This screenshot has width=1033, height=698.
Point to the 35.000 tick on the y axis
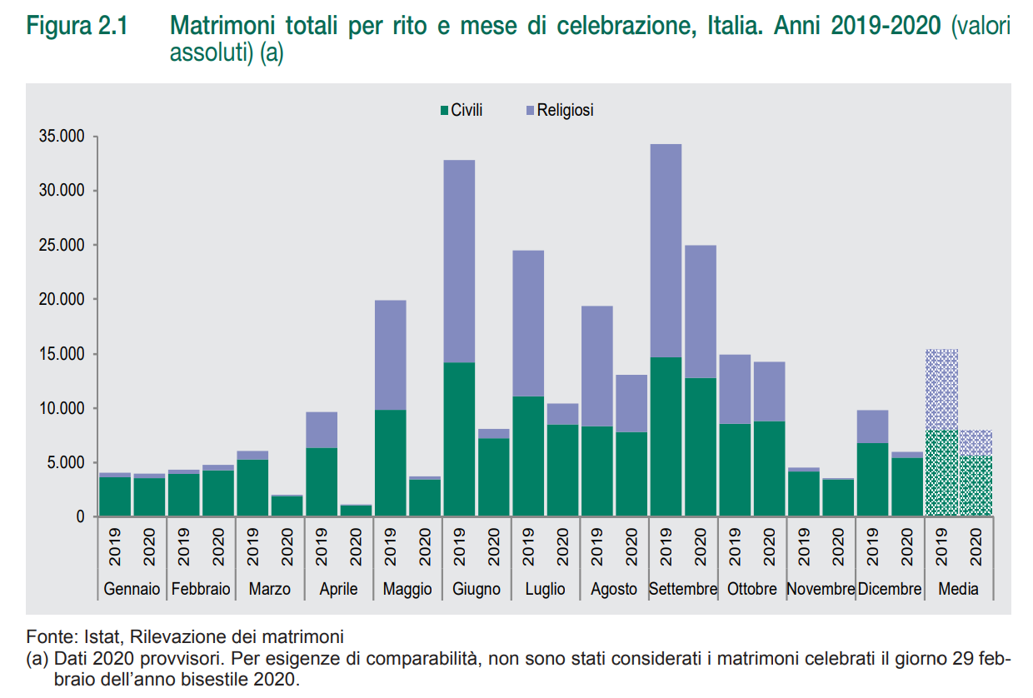click(62, 137)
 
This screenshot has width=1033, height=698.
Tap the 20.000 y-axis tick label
click(62, 300)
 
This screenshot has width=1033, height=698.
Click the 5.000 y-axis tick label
click(67, 463)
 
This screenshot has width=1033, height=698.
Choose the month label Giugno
click(477, 589)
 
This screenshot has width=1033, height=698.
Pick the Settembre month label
click(683, 589)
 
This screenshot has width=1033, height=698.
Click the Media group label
click(958, 589)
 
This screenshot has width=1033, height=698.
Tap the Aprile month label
click(338, 589)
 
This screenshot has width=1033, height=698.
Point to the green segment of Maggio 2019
click(390, 463)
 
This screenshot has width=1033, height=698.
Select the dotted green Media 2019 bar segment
click(941, 473)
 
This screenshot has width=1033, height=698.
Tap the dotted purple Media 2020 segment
click(976, 443)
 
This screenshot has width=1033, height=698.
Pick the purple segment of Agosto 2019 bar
click(596, 366)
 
